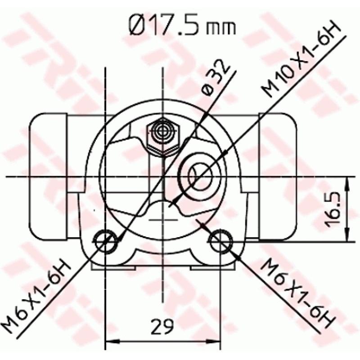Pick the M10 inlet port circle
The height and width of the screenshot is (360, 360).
200,176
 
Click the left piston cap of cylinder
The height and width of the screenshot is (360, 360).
48,176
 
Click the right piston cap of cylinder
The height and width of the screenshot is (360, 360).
278,176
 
